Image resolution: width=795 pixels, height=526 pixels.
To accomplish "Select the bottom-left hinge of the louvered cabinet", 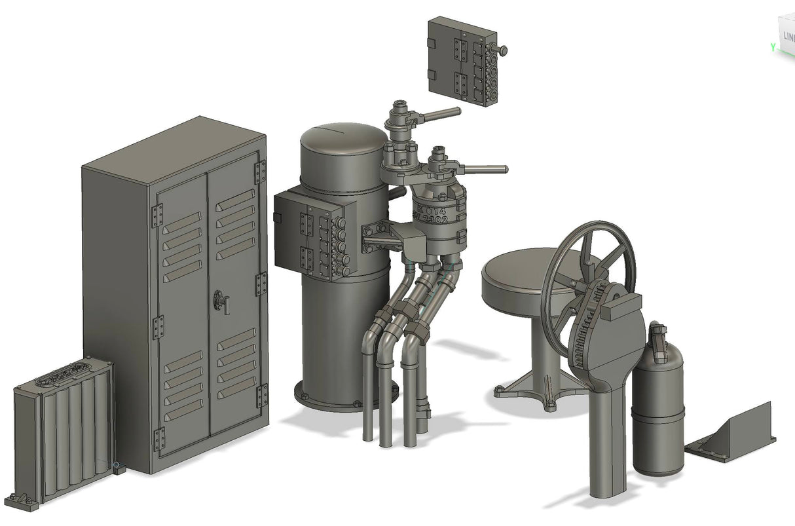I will point(158,439).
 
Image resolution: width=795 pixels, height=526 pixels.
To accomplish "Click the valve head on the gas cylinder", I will point(659,334).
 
